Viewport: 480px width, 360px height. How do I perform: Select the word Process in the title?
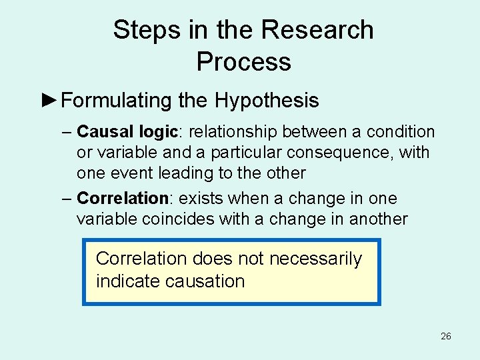coord(243,62)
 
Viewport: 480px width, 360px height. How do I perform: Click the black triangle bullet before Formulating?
coord(49,101)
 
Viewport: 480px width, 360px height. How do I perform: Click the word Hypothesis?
coord(267,101)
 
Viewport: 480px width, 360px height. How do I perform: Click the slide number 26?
coord(446,336)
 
